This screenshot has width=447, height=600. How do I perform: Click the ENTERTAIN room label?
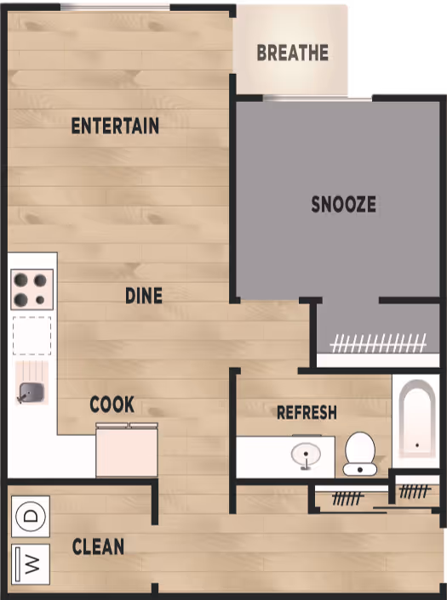[x=115, y=126]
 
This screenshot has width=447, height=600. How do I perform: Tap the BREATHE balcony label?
[x=293, y=53]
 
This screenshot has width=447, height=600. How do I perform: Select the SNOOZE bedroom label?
[x=343, y=204]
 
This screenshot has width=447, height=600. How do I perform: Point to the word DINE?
[x=144, y=296]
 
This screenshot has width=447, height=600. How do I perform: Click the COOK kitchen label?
[x=112, y=404]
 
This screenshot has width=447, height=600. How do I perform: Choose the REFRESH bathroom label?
[x=307, y=412]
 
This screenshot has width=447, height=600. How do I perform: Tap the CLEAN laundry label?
[x=98, y=546]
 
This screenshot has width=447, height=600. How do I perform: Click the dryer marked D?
[x=31, y=516]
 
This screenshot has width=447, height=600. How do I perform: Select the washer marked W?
[x=31, y=564]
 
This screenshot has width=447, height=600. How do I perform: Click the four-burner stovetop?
[x=32, y=290]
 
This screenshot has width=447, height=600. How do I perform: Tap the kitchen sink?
[x=32, y=392]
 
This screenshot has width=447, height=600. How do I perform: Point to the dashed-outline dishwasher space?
[x=32, y=336]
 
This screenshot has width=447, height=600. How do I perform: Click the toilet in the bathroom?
[x=360, y=454]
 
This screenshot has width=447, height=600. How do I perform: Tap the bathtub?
[x=416, y=419]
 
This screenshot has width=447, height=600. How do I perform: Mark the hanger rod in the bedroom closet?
[x=378, y=343]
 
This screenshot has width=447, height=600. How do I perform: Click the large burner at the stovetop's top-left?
[x=20, y=280]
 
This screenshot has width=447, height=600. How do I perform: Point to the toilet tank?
[x=359, y=469]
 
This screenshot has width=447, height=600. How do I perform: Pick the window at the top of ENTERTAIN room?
[x=115, y=8]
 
